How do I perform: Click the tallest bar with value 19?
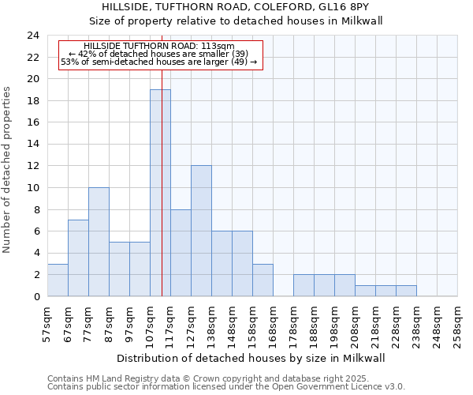(x=160, y=193)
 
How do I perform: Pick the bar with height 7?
(x=78, y=258)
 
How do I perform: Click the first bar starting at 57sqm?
(x=58, y=280)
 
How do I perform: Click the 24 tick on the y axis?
(x=32, y=36)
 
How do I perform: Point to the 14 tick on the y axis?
(x=32, y=145)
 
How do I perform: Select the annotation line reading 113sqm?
(x=158, y=47)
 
